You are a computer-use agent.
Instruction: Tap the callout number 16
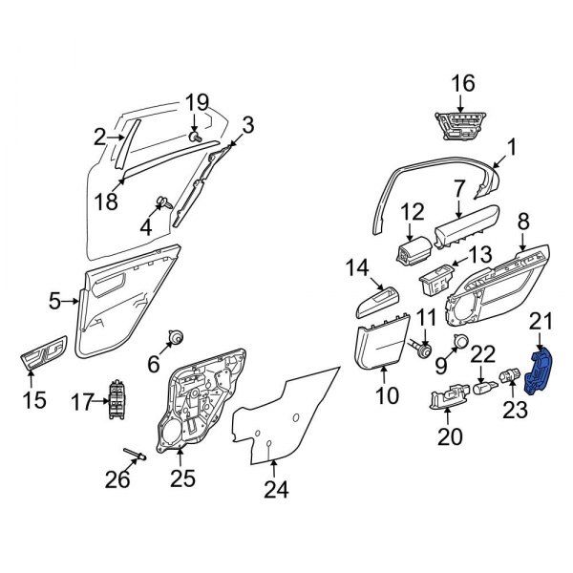point(462,84)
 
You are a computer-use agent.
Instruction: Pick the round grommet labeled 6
point(176,336)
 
